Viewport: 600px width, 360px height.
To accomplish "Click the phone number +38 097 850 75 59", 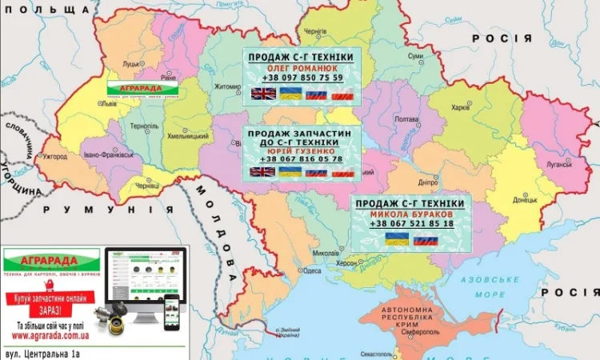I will click(302, 78).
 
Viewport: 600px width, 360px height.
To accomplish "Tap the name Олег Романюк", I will click(302, 68).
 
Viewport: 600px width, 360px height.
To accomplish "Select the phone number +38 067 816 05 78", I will click(302, 159).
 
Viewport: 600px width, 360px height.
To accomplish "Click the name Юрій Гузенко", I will click(302, 150).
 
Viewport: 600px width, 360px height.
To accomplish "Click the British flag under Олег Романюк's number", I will click(263, 94).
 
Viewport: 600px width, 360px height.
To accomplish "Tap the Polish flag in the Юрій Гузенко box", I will click(342, 173).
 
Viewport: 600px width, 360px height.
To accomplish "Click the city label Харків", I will click(460, 107).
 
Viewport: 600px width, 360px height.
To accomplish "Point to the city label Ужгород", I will click(55, 156).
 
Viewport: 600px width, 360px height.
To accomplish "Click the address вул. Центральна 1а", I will click(52, 352).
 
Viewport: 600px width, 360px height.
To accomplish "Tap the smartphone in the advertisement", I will click(171, 312).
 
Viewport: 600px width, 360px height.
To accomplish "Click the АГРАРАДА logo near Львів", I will click(142, 90).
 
